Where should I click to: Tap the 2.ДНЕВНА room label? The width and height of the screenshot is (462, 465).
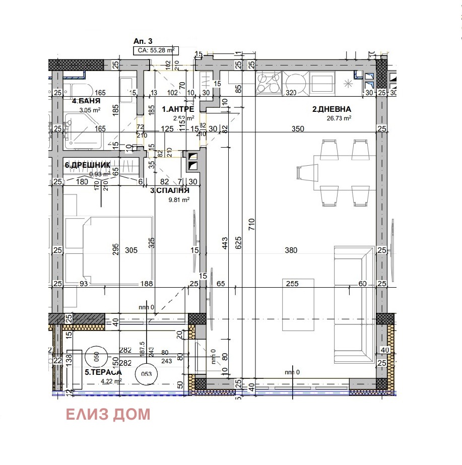(332, 109)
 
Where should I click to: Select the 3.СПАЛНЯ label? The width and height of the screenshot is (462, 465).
(170, 190)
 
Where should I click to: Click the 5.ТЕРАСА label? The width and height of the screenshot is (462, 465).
(103, 372)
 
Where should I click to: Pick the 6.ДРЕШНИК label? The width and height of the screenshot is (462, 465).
(87, 165)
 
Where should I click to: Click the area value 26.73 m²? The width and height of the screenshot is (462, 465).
(339, 118)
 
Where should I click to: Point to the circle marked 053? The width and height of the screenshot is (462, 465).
(147, 374)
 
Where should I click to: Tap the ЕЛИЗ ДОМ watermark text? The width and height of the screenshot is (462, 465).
(108, 415)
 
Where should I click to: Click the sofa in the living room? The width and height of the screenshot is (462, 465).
(354, 305)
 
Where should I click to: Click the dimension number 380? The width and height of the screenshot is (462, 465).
(291, 250)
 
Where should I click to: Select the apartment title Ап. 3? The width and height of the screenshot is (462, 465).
(142, 41)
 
